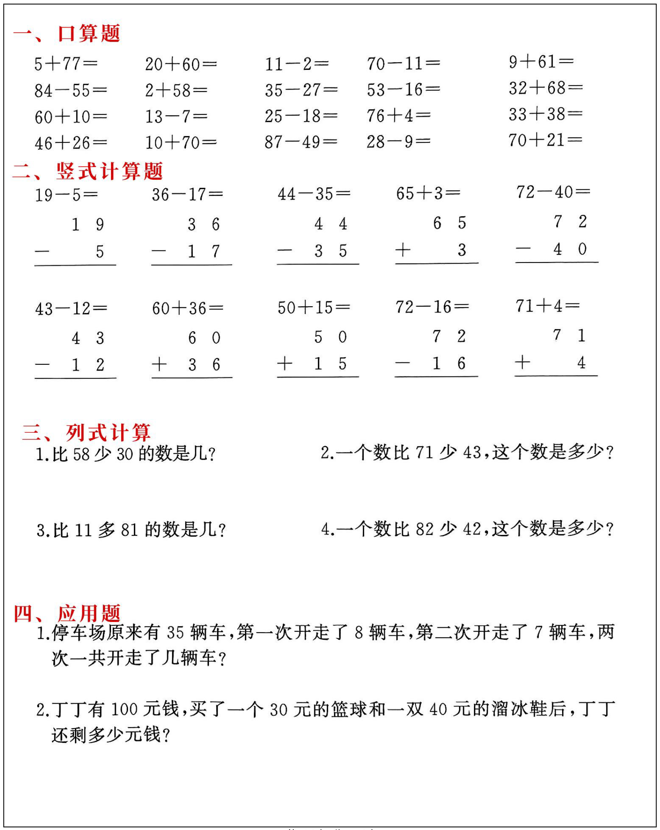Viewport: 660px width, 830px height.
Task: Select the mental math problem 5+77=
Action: click(x=66, y=64)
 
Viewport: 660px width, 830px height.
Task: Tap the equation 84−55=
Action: click(x=71, y=90)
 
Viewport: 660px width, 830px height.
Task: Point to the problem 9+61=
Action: click(x=541, y=62)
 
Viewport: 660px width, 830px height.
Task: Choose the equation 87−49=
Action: click(x=301, y=142)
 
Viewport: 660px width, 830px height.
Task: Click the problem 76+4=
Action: click(x=398, y=116)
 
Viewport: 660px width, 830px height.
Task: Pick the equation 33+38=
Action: click(x=545, y=114)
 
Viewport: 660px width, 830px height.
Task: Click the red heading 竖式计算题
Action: click(x=109, y=171)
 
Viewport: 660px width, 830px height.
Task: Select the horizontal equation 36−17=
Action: click(x=187, y=195)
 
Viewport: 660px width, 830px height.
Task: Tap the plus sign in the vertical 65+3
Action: click(x=403, y=250)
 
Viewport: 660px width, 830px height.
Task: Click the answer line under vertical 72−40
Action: click(x=557, y=262)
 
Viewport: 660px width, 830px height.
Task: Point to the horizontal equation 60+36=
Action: click(x=188, y=308)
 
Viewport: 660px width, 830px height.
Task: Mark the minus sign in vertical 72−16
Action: click(x=403, y=364)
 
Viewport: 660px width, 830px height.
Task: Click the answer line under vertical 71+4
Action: click(x=556, y=376)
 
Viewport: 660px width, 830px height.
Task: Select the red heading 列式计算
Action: click(x=108, y=433)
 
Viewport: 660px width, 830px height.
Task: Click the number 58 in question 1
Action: click(x=81, y=454)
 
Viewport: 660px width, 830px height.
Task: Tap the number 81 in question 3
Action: click(x=130, y=530)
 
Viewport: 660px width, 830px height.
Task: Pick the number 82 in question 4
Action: click(x=425, y=529)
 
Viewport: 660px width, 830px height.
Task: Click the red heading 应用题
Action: click(x=89, y=613)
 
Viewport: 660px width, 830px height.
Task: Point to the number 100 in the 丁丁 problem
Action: click(x=124, y=710)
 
